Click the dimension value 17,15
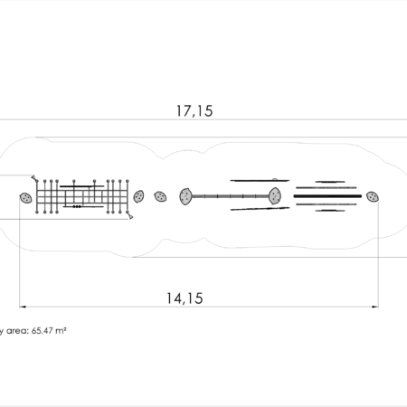[194, 111]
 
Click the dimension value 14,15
[185, 298]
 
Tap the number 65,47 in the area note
[43, 331]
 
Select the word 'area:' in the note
[17, 331]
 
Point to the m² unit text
[61, 330]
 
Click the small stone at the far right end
[373, 197]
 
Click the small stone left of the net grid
[26, 198]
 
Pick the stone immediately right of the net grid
[138, 196]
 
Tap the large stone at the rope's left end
[185, 196]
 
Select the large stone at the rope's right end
[275, 196]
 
